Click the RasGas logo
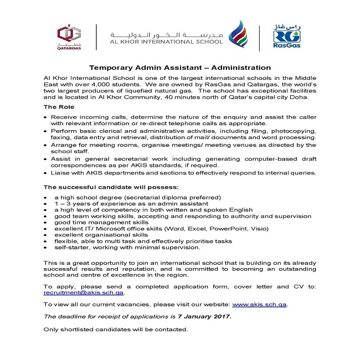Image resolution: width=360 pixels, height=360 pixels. click(287, 35)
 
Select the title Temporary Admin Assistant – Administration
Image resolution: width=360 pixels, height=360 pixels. click(180, 68)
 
